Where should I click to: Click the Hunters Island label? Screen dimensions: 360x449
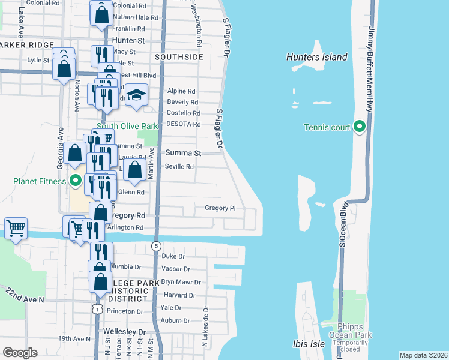pos(317,57)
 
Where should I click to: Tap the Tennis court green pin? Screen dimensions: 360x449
pos(360,127)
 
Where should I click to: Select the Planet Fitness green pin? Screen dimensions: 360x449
pos(76,180)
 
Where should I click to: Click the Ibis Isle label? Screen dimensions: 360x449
pos(309,344)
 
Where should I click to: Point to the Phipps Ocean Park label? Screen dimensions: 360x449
pos(347,331)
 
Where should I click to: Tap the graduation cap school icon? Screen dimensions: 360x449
pos(137,96)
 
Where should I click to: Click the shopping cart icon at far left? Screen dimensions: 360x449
pos(16,228)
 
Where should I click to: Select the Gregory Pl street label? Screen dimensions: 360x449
pos(220,208)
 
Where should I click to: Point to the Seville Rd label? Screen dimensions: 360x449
pos(179,166)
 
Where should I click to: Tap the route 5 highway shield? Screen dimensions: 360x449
pos(156,245)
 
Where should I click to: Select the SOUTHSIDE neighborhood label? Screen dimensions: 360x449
pos(179,57)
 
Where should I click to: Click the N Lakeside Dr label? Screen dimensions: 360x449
pos(205,326)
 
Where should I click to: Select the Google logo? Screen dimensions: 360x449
pos(20,353)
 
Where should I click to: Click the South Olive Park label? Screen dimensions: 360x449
pos(127,126)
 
